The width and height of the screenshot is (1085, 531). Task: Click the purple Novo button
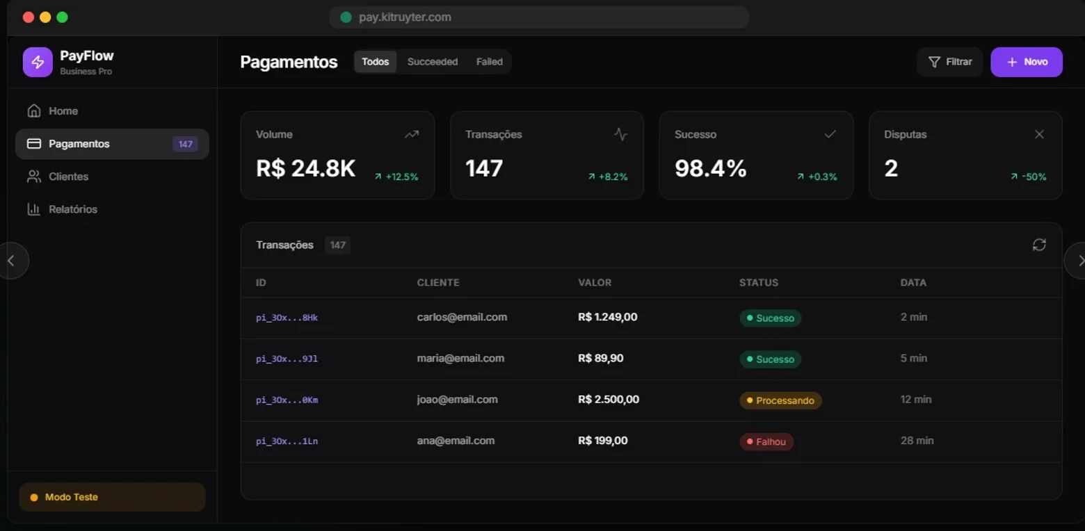click(x=1027, y=62)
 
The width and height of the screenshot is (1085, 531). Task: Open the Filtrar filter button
click(x=949, y=62)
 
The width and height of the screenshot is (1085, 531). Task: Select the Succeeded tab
click(x=432, y=61)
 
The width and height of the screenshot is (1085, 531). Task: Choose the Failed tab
click(x=489, y=61)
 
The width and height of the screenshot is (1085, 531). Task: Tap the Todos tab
click(x=376, y=61)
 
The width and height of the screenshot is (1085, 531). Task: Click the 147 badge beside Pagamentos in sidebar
click(x=185, y=145)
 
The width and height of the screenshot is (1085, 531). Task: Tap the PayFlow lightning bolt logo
click(x=38, y=62)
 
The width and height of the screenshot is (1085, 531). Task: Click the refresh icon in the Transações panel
click(x=1039, y=245)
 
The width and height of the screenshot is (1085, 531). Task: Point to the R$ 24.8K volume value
click(x=305, y=168)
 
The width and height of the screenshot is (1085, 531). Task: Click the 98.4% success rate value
click(x=711, y=168)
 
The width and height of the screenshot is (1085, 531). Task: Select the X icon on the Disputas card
click(x=1039, y=135)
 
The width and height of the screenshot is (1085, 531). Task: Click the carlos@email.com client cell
click(x=462, y=317)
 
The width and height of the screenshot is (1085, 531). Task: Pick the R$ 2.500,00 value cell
click(x=609, y=400)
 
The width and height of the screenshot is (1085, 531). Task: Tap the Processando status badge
click(x=780, y=400)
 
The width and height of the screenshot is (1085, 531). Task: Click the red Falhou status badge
click(x=766, y=441)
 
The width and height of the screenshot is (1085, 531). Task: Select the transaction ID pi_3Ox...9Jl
click(x=287, y=359)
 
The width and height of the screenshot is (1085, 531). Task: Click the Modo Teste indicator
click(x=112, y=497)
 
